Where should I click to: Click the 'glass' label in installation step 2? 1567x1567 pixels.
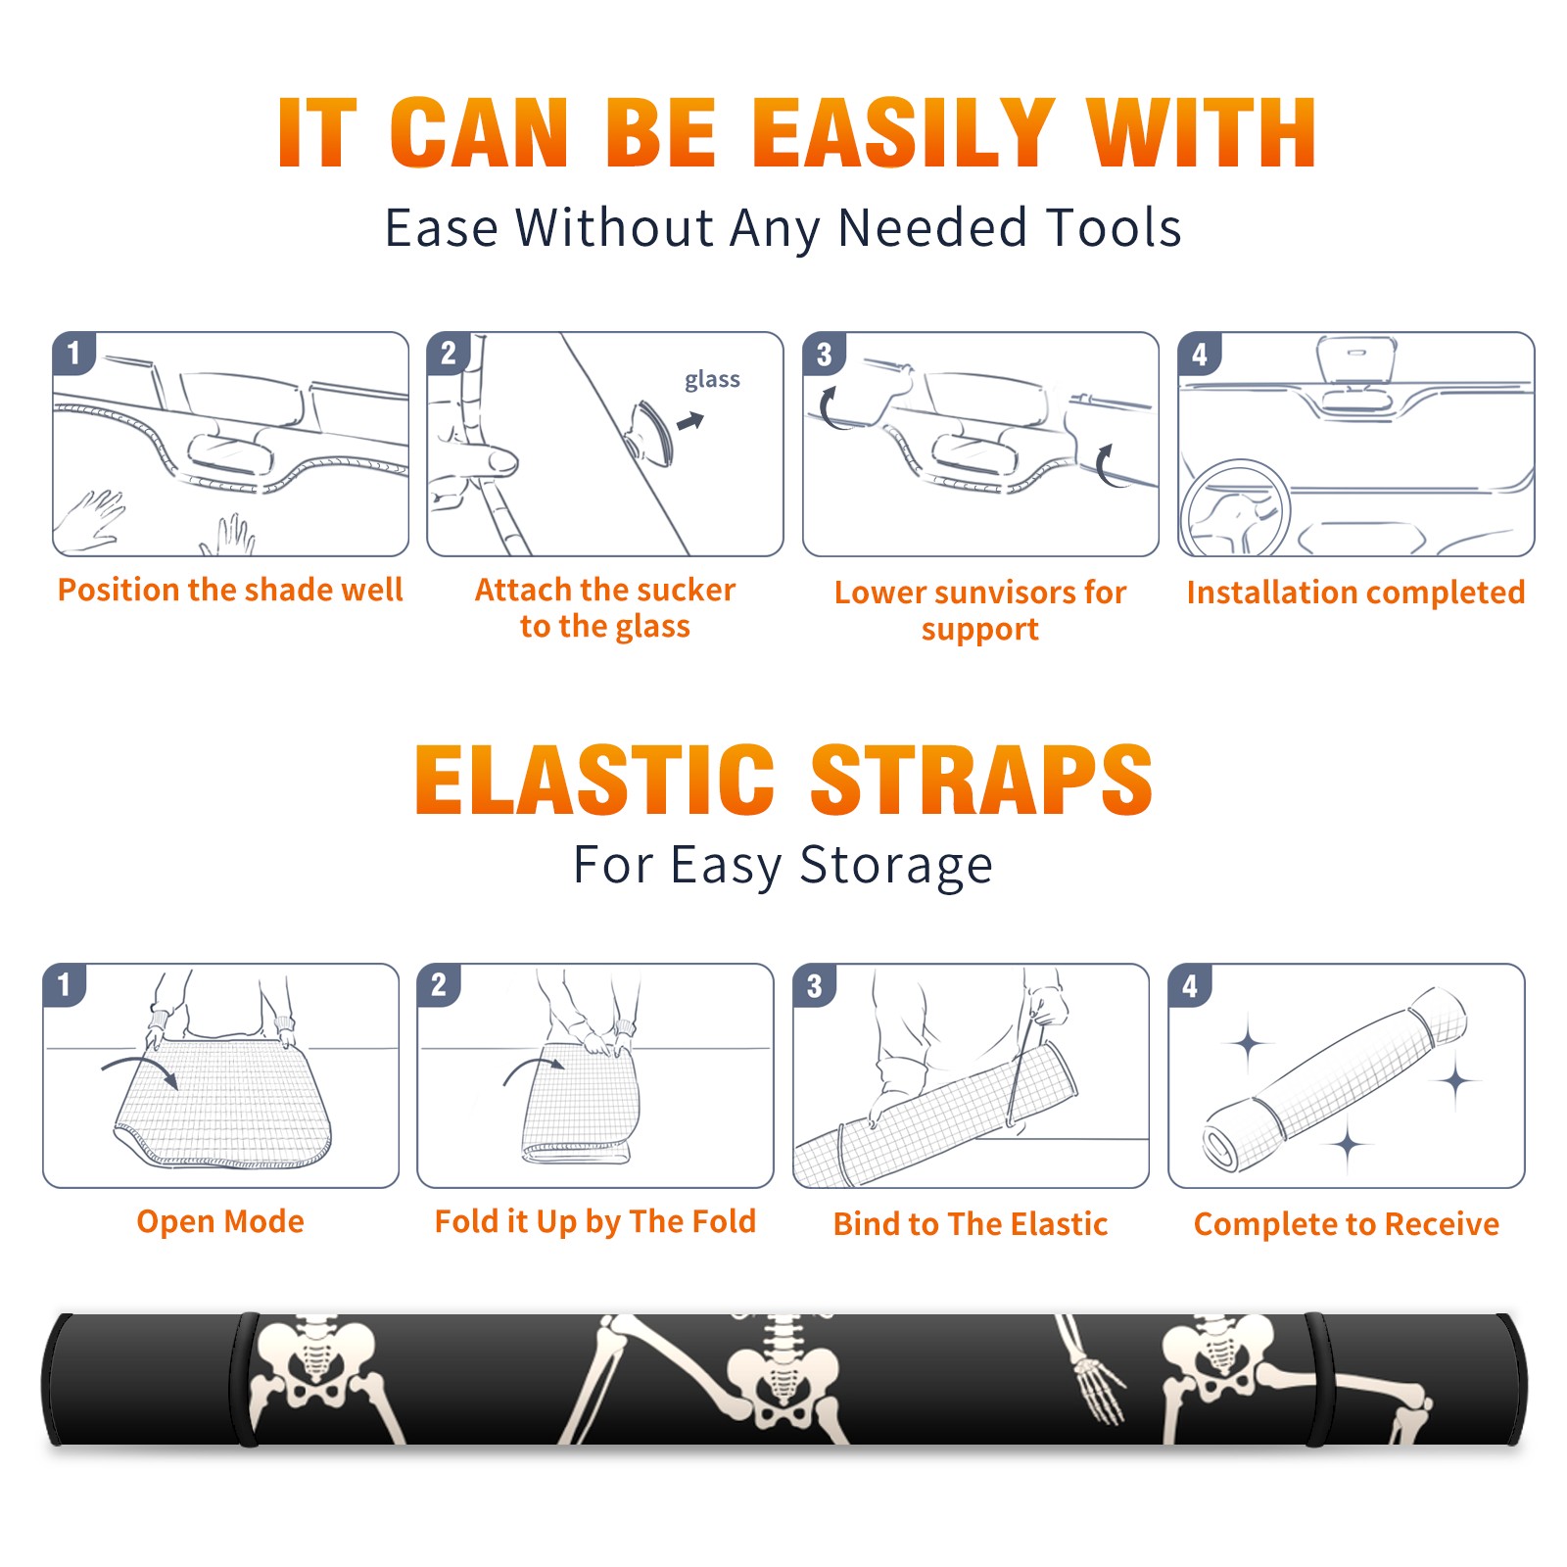pos(712,380)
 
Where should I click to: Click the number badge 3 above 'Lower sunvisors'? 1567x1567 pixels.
pos(823,354)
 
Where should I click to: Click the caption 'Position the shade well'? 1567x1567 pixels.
pos(230,591)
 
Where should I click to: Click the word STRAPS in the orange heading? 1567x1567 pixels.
pos(981,780)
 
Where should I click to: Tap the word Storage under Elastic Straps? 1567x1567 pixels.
pos(896,866)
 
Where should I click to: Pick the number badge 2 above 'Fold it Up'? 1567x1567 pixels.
pos(438,984)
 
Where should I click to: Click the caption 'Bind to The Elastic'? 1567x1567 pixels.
pos(970,1224)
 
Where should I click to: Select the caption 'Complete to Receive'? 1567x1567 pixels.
pos(1347,1224)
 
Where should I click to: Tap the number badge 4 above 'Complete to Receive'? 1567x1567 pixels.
pos(1189,985)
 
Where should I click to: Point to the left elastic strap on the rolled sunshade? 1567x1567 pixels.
pos(245,1379)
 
